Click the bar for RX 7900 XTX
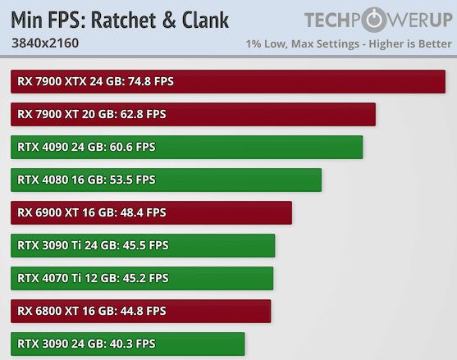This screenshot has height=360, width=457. pyautogui.click(x=228, y=81)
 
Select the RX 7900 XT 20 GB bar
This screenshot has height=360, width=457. pyautogui.click(x=194, y=114)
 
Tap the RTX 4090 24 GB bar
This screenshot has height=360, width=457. pyautogui.click(x=187, y=147)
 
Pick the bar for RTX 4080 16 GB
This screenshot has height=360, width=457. pyautogui.click(x=167, y=180)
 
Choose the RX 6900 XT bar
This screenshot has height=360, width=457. pyautogui.click(x=152, y=212)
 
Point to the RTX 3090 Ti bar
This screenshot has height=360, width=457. pyautogui.click(x=144, y=245)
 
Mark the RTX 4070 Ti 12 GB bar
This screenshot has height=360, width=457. pyautogui.click(x=143, y=278)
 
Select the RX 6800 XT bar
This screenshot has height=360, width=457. pyautogui.click(x=141, y=311)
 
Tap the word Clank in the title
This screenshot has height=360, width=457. pyautogui.click(x=201, y=20)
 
